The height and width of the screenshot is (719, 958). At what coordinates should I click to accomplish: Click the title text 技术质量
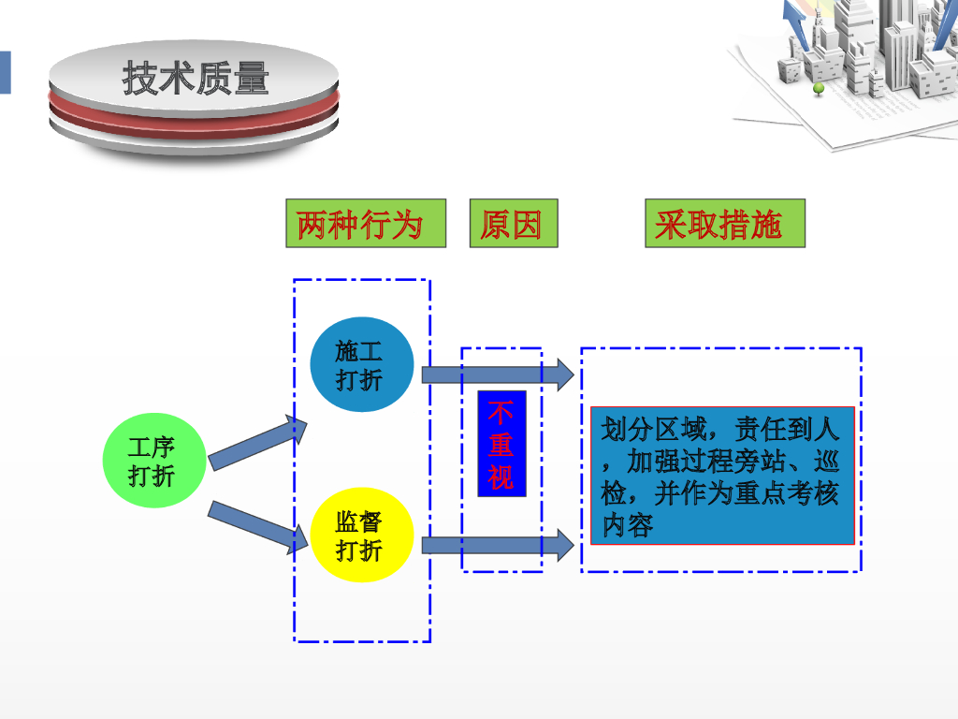196,79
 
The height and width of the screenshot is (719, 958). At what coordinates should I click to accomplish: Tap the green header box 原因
513,224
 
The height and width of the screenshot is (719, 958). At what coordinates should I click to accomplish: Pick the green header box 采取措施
724,224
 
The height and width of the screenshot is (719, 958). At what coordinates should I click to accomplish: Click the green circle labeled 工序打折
152,462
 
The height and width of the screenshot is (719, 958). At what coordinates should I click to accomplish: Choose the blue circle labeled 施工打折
361,365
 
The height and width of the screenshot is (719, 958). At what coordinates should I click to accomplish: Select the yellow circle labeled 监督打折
360,536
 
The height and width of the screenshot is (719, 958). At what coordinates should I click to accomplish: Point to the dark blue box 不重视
501,444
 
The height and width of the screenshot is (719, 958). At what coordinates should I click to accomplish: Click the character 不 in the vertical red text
501,413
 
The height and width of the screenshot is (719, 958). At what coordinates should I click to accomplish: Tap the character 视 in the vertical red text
501,477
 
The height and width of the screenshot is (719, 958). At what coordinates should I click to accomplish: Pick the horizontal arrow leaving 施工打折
497,374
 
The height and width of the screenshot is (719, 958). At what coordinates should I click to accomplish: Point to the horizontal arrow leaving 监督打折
497,545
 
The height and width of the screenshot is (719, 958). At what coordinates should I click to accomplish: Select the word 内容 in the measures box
627,524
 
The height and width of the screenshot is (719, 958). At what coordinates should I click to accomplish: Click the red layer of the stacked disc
194,118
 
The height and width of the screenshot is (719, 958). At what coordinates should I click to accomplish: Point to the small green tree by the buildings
819,90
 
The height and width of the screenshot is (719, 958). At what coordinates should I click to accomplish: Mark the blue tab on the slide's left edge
5,72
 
